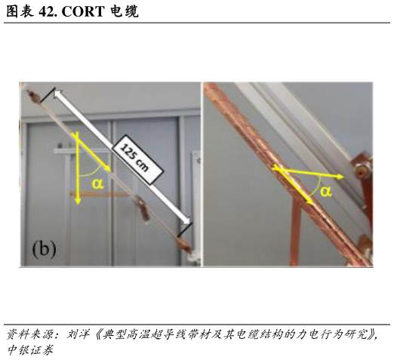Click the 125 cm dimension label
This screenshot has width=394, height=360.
[x=137, y=159]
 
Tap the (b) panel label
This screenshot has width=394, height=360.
[x=44, y=249]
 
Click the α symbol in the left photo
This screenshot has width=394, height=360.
[x=97, y=183]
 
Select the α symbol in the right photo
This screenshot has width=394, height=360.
[x=326, y=192]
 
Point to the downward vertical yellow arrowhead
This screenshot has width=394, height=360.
[x=78, y=201]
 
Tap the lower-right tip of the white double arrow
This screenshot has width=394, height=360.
[x=189, y=223]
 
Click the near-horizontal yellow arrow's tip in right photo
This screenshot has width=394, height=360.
[x=343, y=177]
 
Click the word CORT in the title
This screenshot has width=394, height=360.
[x=83, y=11]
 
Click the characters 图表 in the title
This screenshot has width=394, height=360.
[x=20, y=11]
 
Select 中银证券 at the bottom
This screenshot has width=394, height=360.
[x=30, y=350]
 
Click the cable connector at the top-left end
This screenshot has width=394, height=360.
[x=33, y=96]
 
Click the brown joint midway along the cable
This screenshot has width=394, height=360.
[x=143, y=208]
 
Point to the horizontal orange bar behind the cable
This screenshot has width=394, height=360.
[x=100, y=194]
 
